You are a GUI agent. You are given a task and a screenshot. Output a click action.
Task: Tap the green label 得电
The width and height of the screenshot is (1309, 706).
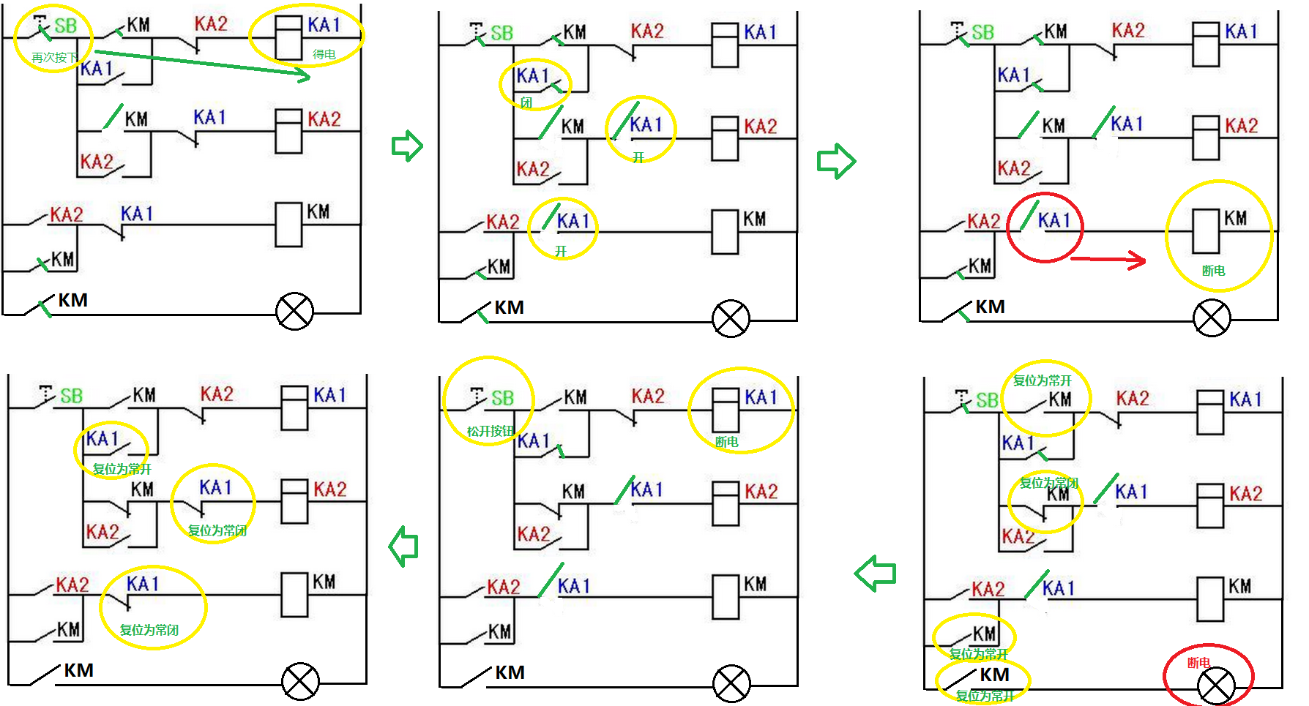pyautogui.click(x=324, y=54)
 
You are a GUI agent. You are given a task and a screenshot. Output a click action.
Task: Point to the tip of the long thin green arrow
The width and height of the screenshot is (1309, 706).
pyautogui.click(x=308, y=75)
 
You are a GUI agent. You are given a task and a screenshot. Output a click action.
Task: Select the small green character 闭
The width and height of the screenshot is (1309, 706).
pyautogui.click(x=526, y=102)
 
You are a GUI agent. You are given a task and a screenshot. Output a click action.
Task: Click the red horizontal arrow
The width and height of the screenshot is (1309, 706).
pyautogui.click(x=1108, y=259)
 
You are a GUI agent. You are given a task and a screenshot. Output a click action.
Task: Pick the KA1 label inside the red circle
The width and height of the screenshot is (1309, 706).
pyautogui.click(x=1054, y=220)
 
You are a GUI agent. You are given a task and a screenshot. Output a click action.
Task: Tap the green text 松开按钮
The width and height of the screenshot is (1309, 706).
pyautogui.click(x=491, y=431)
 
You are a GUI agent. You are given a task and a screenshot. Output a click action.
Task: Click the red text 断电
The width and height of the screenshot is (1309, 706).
pyautogui.click(x=1198, y=663)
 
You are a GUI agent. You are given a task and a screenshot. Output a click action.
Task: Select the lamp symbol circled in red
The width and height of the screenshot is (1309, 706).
pyautogui.click(x=1216, y=686)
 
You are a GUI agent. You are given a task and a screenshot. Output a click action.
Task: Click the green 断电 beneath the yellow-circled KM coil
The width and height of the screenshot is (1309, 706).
pyautogui.click(x=1213, y=271)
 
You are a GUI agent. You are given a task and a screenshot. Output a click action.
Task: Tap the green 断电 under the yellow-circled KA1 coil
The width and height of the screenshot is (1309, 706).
pyautogui.click(x=726, y=442)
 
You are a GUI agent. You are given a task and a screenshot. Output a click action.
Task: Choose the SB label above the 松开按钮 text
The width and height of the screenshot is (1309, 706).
pyautogui.click(x=502, y=398)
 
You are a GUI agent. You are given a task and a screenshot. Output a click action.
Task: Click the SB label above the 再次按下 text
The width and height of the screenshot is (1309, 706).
pyautogui.click(x=65, y=26)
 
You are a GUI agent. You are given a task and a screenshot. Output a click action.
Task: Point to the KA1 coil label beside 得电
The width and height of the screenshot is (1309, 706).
pyautogui.click(x=324, y=25)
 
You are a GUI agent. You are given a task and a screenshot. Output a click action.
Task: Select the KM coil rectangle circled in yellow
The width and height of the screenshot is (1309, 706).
pyautogui.click(x=1206, y=230)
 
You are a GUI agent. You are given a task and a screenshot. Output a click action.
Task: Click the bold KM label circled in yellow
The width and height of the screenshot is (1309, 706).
pyautogui.click(x=994, y=674)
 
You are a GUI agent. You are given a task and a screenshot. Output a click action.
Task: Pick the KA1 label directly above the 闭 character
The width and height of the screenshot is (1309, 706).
pyautogui.click(x=532, y=76)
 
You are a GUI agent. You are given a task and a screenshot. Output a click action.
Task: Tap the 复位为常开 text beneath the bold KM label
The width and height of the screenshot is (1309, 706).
pyautogui.click(x=985, y=696)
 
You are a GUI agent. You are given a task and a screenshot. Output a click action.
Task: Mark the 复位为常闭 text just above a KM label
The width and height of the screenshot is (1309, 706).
pyautogui.click(x=1048, y=483)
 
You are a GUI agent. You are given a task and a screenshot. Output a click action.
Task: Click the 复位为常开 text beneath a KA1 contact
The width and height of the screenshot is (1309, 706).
pyautogui.click(x=122, y=469)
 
